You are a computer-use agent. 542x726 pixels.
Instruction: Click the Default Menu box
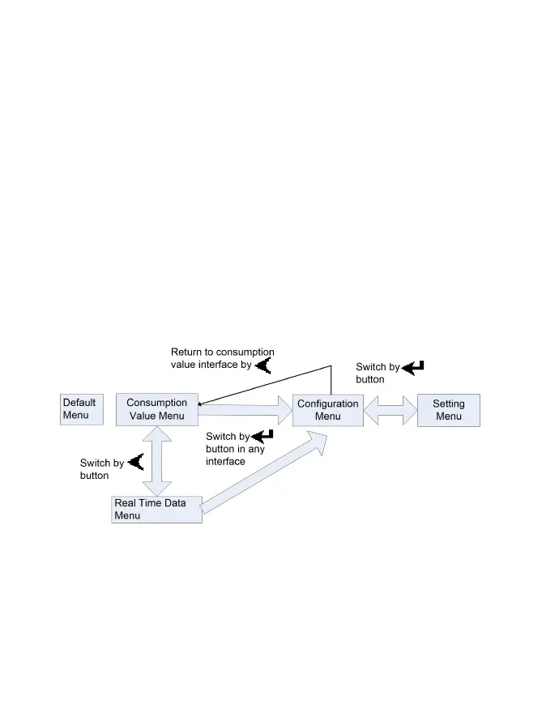[82, 409]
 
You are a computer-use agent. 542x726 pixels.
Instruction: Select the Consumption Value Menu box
[156, 409]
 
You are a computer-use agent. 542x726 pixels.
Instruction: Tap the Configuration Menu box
[327, 410]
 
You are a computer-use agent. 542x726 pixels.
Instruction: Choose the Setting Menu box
[448, 410]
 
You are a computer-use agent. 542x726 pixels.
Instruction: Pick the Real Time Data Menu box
[156, 509]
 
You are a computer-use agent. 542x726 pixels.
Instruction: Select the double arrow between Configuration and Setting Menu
[390, 410]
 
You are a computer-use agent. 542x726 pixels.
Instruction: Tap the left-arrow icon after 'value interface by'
[262, 365]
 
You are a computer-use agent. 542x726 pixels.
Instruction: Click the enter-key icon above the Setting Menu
[413, 368]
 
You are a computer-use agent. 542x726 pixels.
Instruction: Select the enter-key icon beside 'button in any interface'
[262, 437]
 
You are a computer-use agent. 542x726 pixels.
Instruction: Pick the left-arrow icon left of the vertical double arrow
[135, 463]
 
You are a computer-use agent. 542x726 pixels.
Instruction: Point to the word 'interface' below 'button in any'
[226, 462]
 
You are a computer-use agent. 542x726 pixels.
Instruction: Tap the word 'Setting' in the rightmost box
[448, 404]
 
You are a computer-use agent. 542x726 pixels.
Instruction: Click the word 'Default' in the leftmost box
[79, 403]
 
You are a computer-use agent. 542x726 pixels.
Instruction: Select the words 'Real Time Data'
[150, 503]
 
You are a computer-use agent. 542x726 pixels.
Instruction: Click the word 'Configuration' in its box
[327, 404]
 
